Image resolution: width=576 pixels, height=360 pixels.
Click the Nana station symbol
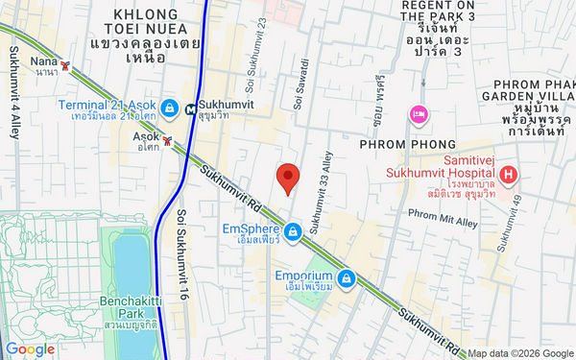point(65,66)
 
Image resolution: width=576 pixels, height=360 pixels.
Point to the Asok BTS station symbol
point(168,141)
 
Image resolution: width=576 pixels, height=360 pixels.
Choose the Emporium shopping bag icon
point(346,279)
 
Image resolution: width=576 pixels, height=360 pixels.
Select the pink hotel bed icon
point(419,115)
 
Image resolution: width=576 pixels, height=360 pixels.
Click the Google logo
point(30,349)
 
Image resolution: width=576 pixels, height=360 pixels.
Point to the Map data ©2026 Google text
point(519,353)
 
